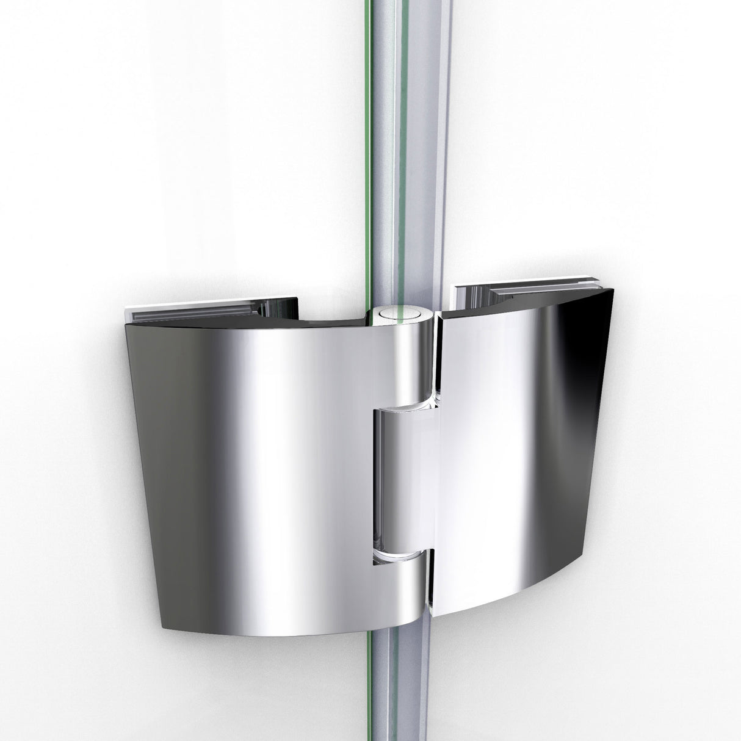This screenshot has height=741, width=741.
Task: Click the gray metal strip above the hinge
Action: (421, 153)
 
